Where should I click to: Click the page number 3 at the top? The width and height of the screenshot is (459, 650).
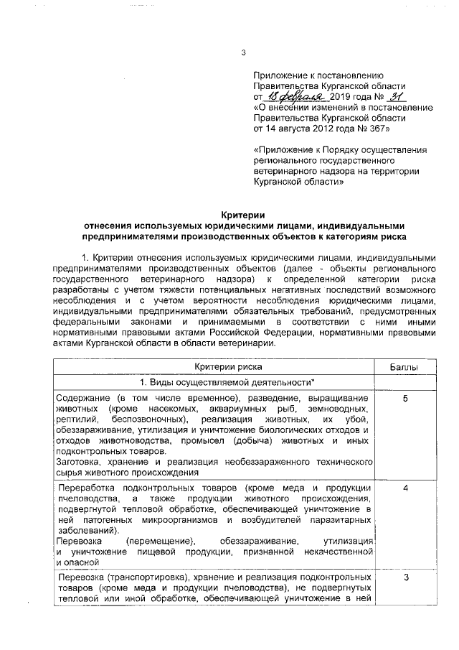pyautogui.click(x=245, y=52)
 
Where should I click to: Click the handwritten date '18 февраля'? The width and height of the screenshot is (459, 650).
pyautogui.click(x=295, y=96)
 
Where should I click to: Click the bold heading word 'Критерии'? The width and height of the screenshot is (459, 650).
pyautogui.click(x=244, y=214)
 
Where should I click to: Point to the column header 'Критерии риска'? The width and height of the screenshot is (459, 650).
pyautogui.click(x=215, y=367)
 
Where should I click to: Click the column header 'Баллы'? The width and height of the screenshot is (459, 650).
pyautogui.click(x=405, y=367)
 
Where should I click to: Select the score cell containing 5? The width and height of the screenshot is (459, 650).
pyautogui.click(x=405, y=398)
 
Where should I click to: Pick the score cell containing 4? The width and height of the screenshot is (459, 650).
pyautogui.click(x=405, y=488)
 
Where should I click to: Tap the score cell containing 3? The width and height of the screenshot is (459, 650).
pyautogui.click(x=405, y=578)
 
